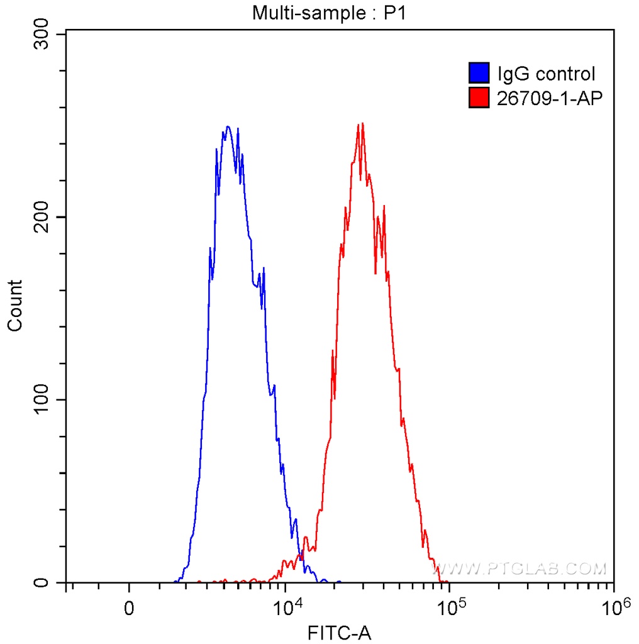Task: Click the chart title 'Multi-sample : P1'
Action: coord(330,13)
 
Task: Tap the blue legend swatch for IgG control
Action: coord(479,74)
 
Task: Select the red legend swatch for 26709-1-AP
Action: coord(479,97)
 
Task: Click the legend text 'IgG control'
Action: coord(546,74)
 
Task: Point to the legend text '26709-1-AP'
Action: coord(546,98)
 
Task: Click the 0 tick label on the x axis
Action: coord(129,609)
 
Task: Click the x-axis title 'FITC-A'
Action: coord(340,632)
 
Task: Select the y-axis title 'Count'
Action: coord(15,305)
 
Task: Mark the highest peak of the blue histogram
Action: coord(228,126)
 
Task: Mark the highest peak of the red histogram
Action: coord(360,124)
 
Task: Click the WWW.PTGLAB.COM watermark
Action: coord(523,569)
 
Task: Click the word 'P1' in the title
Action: coord(396,13)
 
